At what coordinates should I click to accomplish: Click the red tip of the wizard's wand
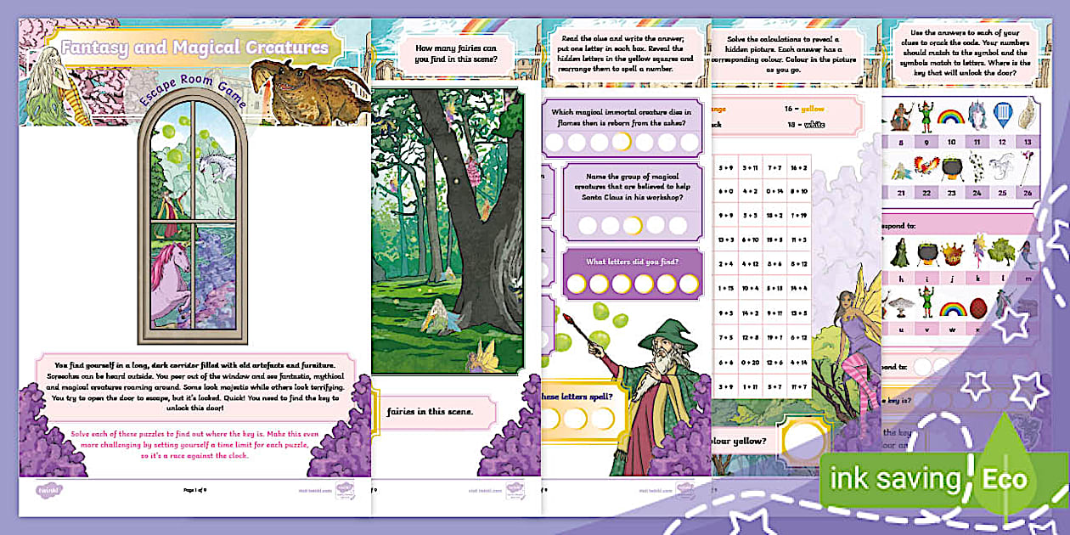566,318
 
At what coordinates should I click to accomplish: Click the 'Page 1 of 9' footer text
194,490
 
